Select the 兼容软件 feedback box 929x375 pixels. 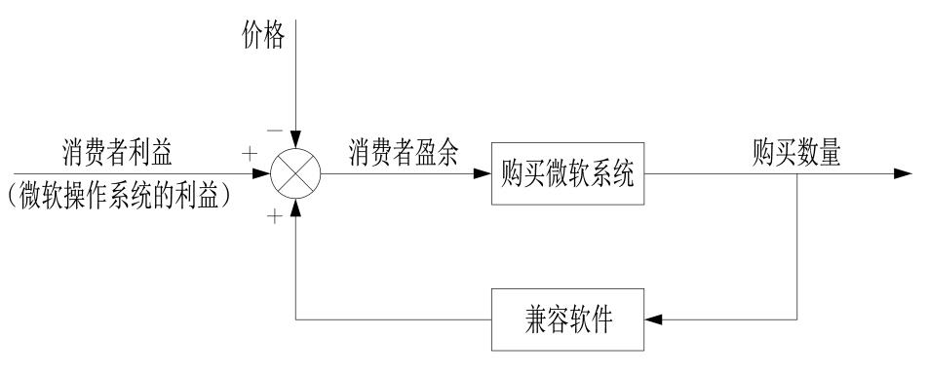click(x=567, y=319)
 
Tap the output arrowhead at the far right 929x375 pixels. click(x=904, y=174)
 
